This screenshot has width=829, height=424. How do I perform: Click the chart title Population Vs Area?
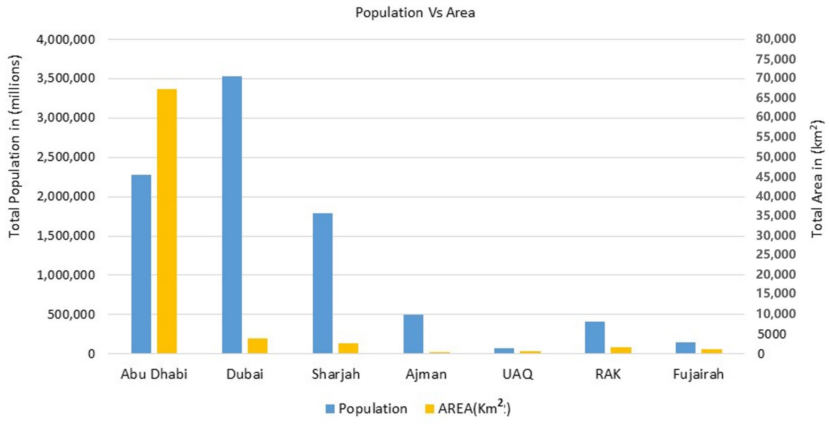415,13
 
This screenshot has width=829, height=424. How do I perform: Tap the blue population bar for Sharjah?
323,283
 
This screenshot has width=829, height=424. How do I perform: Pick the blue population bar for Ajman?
413,334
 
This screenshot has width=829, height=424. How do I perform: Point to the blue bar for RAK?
595,337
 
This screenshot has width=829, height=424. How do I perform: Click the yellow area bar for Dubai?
258,345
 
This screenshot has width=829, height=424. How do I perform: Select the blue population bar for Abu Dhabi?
141,264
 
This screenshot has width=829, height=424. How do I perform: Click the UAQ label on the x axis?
517,374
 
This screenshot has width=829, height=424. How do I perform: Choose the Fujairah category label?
698,374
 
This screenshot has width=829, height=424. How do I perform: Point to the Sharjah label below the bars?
336,374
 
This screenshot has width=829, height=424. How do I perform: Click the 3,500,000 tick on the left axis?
66,78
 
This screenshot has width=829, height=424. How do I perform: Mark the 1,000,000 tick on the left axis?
66,275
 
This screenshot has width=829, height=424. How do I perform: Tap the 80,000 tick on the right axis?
776,39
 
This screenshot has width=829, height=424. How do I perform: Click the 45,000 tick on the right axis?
776,176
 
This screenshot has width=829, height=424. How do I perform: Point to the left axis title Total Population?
14,146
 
